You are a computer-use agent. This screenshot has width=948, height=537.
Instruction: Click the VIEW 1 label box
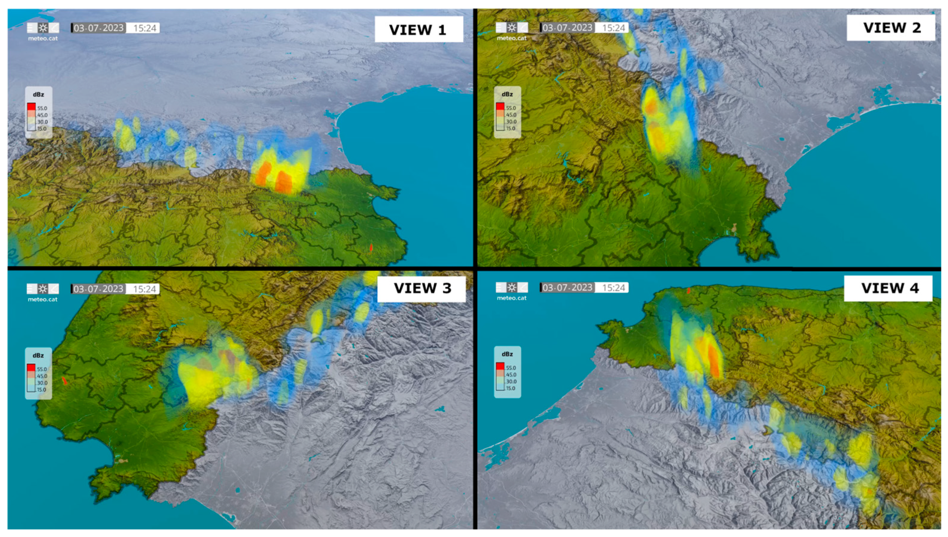pos(418,29)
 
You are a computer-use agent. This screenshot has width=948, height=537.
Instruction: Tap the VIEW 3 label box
pos(421,288)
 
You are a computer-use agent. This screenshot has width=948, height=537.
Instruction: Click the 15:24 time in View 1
pos(144,28)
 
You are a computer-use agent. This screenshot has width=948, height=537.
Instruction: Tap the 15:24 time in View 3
pos(144,289)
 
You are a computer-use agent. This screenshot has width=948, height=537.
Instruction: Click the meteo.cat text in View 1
pos(43,38)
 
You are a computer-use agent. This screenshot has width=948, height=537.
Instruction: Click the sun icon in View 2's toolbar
pos(512,27)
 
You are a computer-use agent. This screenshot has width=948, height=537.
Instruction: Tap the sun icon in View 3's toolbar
pos(43,288)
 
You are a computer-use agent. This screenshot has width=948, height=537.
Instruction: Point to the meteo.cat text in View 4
pos(512,298)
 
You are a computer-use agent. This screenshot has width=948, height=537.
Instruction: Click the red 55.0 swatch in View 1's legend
pos(31,107)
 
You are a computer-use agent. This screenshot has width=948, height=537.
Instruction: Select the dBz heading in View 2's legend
pos(507,94)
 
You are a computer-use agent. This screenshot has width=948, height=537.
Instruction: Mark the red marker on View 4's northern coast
pos(688,291)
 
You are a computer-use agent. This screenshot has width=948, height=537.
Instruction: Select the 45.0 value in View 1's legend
pos(42,115)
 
